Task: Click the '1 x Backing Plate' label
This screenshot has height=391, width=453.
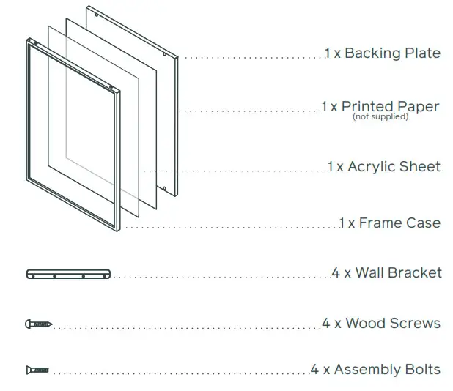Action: pyautogui.click(x=383, y=53)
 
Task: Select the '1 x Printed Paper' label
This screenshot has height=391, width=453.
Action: pyautogui.click(x=380, y=107)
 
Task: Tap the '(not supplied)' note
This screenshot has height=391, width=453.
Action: pyautogui.click(x=380, y=117)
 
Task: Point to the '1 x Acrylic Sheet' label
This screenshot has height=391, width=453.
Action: pyautogui.click(x=383, y=167)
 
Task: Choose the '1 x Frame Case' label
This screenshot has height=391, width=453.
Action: pyautogui.click(x=389, y=223)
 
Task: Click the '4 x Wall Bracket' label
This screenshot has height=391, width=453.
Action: pyautogui.click(x=386, y=273)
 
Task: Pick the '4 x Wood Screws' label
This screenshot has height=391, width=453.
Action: pyautogui.click(x=380, y=324)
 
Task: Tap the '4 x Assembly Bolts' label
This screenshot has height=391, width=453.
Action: pyautogui.click(x=375, y=370)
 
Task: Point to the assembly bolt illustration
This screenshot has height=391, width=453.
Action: pyautogui.click(x=37, y=370)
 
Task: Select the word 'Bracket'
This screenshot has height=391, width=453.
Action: pyautogui.click(x=415, y=273)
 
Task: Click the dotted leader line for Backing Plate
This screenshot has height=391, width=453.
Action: pyautogui.click(x=253, y=56)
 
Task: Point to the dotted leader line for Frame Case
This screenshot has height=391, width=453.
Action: pyautogui.click(x=231, y=228)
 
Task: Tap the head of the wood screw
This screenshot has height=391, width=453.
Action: pyautogui.click(x=29, y=324)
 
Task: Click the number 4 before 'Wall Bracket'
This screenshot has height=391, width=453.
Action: pyautogui.click(x=336, y=273)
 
